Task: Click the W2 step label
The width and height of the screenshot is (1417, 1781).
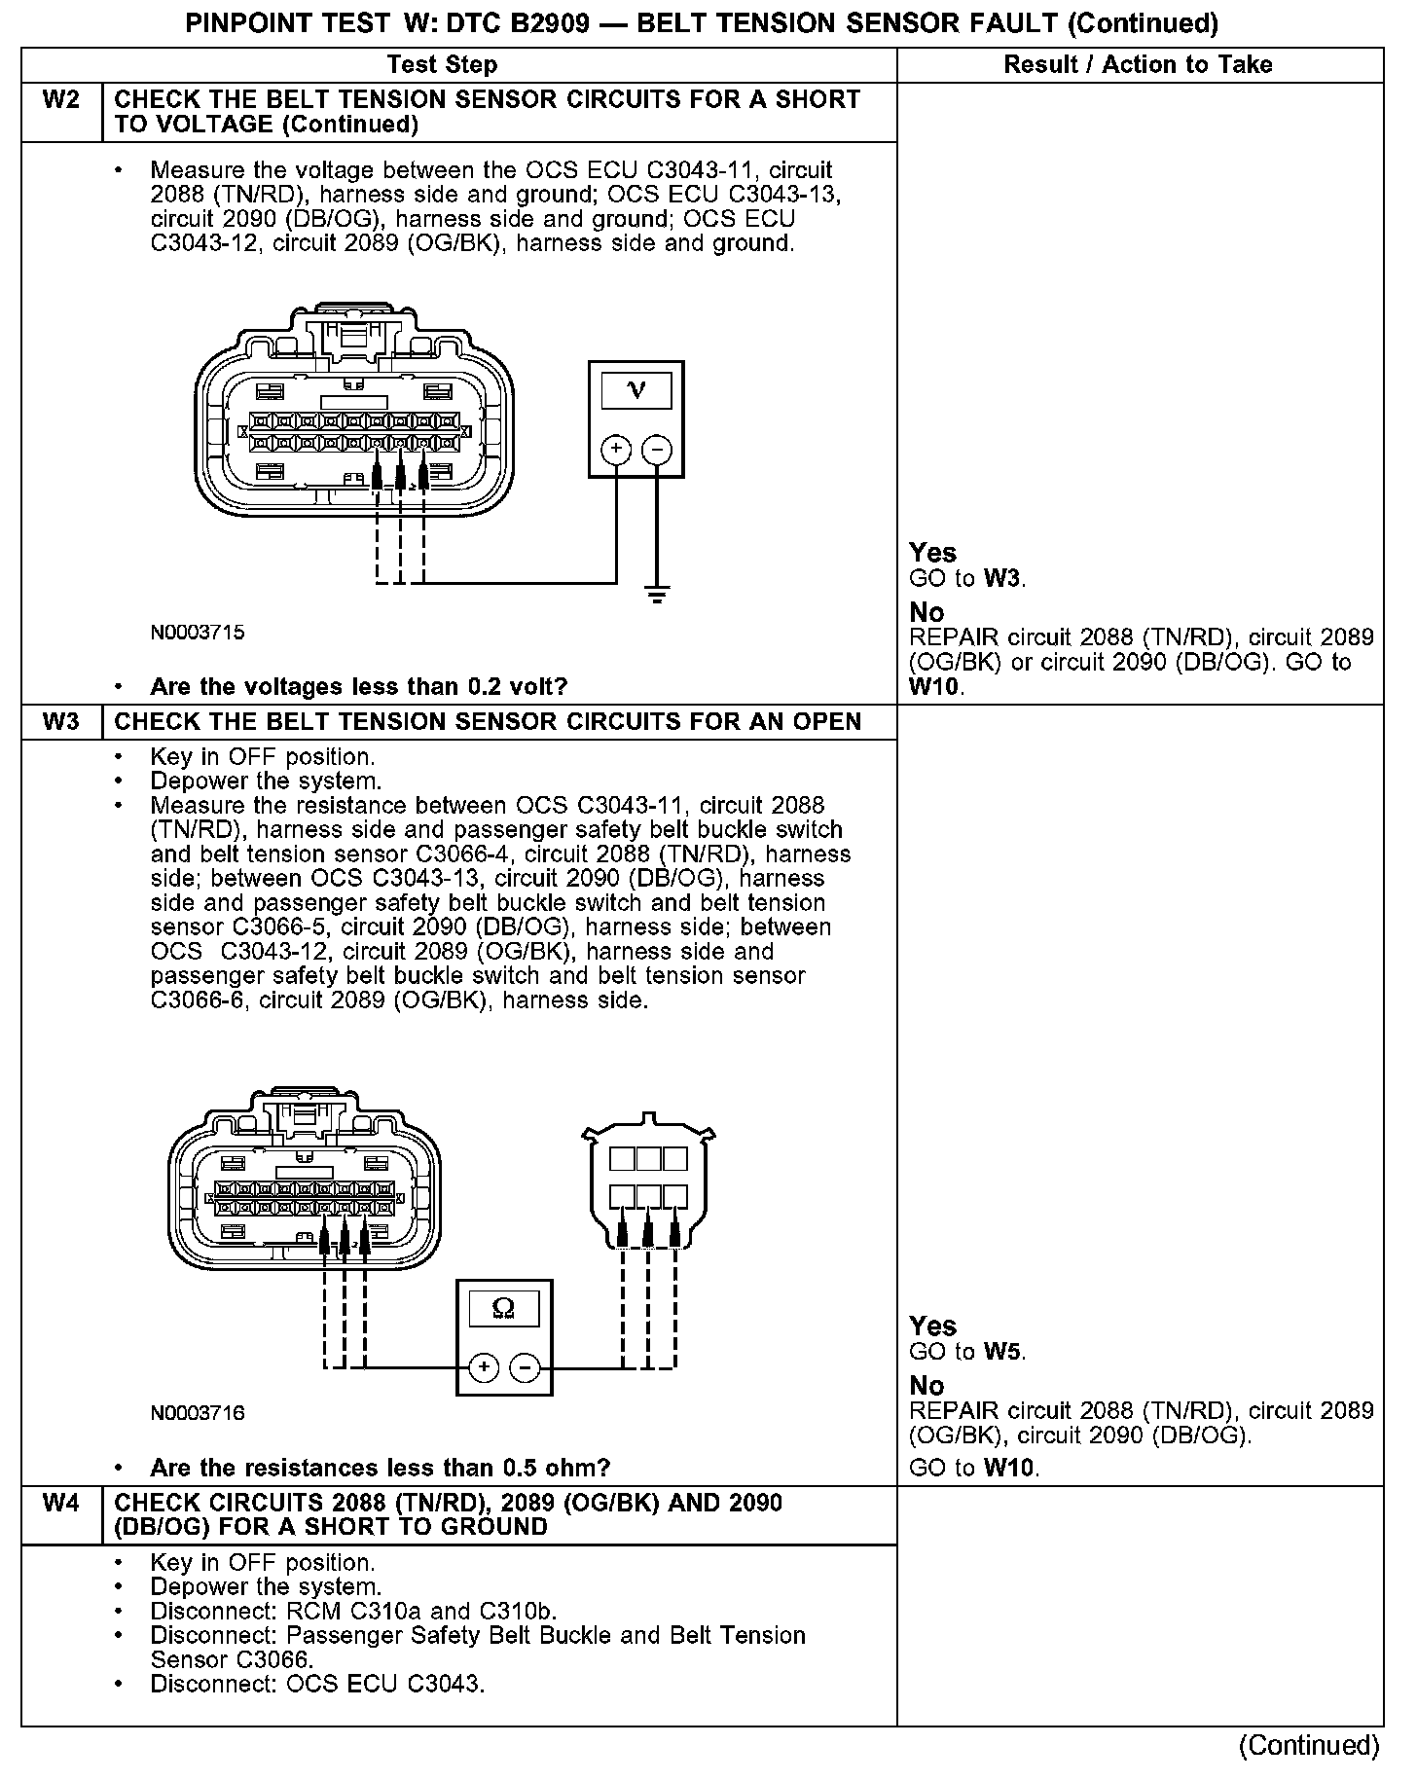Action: click(61, 100)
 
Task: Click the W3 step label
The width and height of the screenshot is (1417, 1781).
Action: click(61, 722)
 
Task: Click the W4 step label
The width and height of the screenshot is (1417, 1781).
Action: click(61, 1504)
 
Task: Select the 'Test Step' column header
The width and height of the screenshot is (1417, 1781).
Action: click(442, 65)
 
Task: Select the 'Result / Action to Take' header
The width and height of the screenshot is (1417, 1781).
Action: click(1138, 65)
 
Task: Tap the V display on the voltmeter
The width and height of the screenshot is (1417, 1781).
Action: click(636, 390)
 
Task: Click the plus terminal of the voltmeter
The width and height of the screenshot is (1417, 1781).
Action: click(616, 450)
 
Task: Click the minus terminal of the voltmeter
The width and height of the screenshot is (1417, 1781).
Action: click(657, 450)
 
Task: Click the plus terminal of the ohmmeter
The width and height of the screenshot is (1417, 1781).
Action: click(484, 1367)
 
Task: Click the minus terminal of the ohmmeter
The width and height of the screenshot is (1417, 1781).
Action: click(526, 1367)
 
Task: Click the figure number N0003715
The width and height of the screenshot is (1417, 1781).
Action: click(198, 633)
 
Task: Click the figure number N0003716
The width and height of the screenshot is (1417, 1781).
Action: click(198, 1413)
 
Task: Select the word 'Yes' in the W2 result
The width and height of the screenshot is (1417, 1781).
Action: click(932, 553)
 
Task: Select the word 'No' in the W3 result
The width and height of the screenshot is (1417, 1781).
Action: click(926, 1385)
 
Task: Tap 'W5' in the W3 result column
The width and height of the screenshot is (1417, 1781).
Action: click(1002, 1352)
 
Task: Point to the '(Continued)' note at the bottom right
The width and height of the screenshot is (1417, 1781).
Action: click(1309, 1745)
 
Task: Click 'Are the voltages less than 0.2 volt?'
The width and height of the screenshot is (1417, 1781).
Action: click(358, 687)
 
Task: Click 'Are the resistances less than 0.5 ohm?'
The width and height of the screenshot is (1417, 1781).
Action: click(380, 1468)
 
